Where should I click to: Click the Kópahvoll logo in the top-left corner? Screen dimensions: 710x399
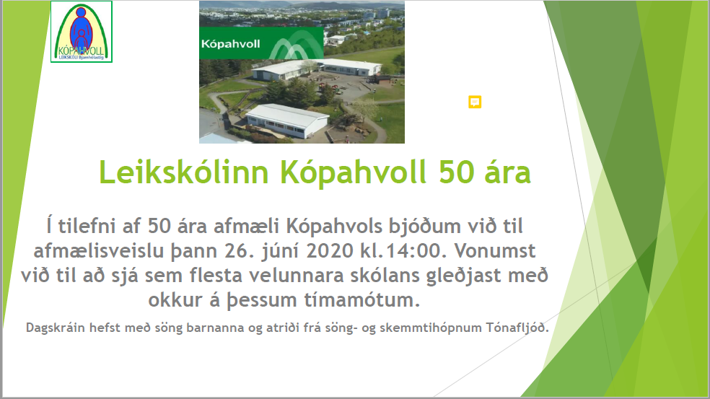click(82, 32)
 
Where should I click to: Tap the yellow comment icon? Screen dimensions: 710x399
click(475, 102)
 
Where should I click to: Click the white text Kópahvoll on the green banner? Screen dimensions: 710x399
click(230, 44)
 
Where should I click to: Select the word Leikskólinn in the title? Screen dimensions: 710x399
click(184, 172)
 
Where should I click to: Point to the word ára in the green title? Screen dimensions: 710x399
click(507, 172)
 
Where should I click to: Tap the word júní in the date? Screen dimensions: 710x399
click(280, 251)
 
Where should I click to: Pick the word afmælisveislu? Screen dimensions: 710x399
click(99, 250)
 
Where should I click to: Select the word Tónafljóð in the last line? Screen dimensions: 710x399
click(517, 328)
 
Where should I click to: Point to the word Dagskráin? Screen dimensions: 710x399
click(56, 328)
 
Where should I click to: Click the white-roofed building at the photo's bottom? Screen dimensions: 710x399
click(287, 120)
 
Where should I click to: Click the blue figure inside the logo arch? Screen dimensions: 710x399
click(81, 28)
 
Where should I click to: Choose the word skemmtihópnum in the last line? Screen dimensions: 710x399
click(431, 328)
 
